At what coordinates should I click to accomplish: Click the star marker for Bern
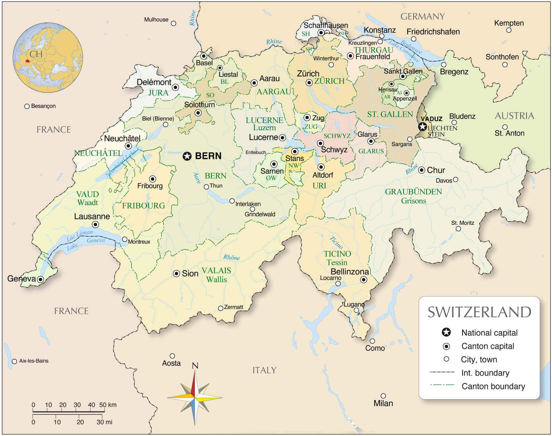point(187,156)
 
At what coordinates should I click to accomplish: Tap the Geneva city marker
point(40,279)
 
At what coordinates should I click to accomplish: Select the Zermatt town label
point(233,307)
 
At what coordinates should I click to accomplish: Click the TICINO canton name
point(337,254)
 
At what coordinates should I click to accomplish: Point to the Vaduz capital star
point(422,126)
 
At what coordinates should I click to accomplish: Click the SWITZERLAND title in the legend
point(479,312)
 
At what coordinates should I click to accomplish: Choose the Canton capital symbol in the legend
point(446,346)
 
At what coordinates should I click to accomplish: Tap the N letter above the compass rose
point(195,366)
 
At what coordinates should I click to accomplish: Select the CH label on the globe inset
point(36,54)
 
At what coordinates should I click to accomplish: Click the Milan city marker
point(383,396)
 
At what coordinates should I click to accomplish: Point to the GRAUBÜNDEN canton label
point(413,192)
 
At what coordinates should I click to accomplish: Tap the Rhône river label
point(231,257)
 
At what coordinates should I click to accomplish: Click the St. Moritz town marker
point(458,229)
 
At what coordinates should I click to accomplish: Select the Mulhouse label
point(156,20)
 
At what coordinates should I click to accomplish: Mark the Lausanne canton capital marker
point(96,224)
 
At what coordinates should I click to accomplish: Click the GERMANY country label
point(422,17)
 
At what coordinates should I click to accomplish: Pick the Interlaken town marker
point(232,201)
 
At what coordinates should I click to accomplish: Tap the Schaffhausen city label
point(326,25)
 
